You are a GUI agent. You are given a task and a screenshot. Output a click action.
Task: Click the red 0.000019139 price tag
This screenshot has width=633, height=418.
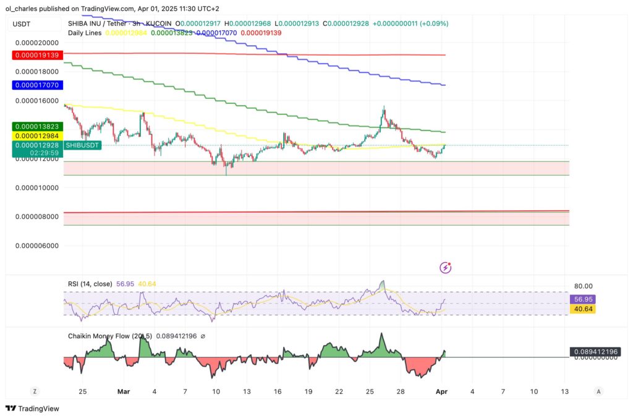[x=36, y=55]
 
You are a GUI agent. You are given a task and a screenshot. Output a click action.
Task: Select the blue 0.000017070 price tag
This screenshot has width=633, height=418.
[x=36, y=85]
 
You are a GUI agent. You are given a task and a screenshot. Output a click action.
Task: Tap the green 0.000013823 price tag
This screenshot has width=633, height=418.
[x=36, y=126]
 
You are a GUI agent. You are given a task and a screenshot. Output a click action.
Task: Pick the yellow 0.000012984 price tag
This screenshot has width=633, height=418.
[x=36, y=135]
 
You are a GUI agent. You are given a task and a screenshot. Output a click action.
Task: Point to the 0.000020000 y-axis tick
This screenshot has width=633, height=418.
[x=36, y=43]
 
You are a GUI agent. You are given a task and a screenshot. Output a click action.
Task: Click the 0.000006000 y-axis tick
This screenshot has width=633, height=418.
[x=36, y=245]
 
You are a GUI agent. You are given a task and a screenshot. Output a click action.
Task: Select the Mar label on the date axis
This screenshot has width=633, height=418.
[x=124, y=391]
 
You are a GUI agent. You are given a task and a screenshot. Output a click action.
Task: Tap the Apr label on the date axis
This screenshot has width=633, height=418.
[x=442, y=391]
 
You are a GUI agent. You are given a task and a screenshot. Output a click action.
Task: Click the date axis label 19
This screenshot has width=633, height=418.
[x=308, y=391]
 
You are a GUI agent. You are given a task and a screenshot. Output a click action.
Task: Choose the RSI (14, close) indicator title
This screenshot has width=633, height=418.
[x=90, y=284]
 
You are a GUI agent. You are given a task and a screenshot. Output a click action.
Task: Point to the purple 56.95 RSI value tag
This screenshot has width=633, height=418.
[x=582, y=299]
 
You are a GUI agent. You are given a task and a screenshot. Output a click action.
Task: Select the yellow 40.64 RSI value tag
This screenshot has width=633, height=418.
[x=582, y=309]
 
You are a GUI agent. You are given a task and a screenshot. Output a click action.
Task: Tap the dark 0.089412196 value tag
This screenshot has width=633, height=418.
[x=595, y=352]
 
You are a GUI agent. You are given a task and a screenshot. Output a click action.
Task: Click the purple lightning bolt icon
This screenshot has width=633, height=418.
[x=445, y=268]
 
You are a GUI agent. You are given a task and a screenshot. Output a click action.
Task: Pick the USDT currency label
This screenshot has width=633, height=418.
[x=22, y=24]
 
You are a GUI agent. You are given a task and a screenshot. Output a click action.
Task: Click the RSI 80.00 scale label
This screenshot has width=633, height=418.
[x=584, y=286]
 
